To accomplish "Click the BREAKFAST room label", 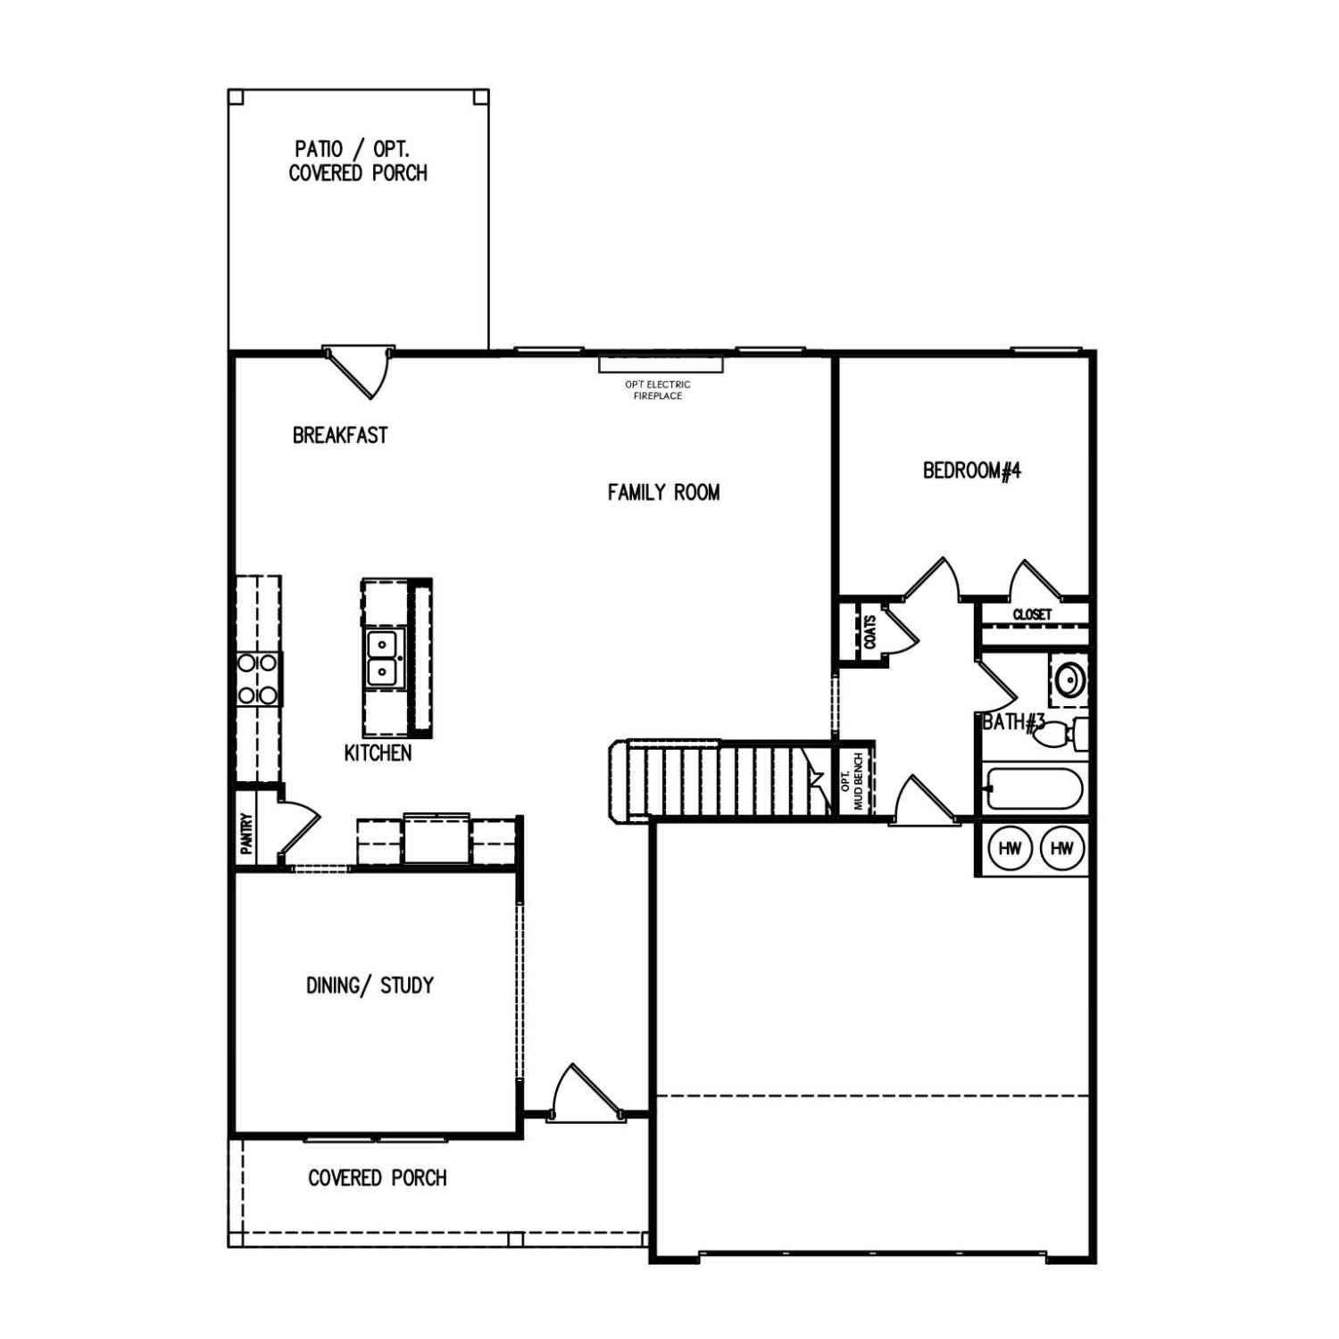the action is (x=340, y=436).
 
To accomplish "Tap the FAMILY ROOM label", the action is (x=663, y=492).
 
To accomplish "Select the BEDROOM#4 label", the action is (x=972, y=470).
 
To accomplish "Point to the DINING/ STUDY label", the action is (x=370, y=986).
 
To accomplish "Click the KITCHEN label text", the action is (x=378, y=753).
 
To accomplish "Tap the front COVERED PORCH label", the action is (x=377, y=1178).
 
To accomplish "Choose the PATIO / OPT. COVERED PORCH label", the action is (x=358, y=162).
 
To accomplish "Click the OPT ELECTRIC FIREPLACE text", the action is (x=658, y=390).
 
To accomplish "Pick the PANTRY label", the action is (x=246, y=833).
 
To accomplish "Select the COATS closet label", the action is (x=869, y=632).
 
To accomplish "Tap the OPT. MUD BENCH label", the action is (x=853, y=781).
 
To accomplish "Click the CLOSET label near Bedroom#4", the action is (x=1032, y=614).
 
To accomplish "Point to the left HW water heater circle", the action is (x=1010, y=848).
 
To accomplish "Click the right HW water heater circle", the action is (x=1062, y=848).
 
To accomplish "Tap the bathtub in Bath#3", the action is (x=1035, y=789).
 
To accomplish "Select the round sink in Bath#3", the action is (x=1069, y=680).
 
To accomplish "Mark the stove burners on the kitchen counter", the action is (x=257, y=679).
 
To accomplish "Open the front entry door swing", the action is (x=585, y=1093).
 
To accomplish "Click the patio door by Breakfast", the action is (x=358, y=371).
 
